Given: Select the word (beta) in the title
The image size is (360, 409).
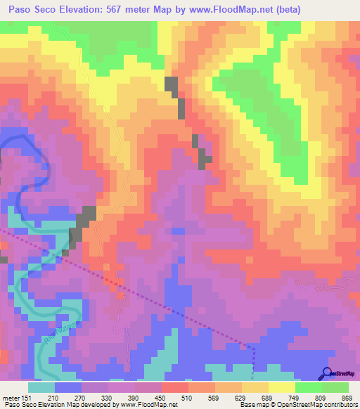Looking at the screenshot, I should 288,9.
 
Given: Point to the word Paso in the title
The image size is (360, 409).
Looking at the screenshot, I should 20,9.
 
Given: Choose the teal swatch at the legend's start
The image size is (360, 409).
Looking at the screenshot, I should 41,387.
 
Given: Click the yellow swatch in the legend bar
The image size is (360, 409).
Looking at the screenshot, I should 281,387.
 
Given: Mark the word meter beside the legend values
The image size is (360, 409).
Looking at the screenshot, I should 11,397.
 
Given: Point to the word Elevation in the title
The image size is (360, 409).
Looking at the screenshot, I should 85,9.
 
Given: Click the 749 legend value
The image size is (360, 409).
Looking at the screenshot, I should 283,397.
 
